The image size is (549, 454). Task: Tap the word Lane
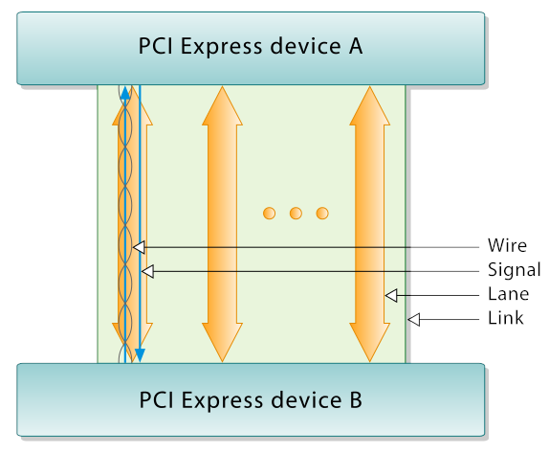click(506, 294)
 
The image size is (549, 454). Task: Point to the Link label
click(506, 318)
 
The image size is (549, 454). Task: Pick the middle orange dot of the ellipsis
click(296, 212)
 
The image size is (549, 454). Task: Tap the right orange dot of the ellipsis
click(322, 212)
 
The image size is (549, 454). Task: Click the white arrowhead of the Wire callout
click(138, 247)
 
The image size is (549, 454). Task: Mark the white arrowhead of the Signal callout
click(146, 271)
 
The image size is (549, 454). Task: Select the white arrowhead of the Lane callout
click(389, 295)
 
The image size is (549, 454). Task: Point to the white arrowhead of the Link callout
click(413, 319)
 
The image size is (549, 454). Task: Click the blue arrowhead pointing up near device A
click(125, 91)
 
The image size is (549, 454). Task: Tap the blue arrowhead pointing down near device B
click(140, 355)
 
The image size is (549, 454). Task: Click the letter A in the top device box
click(355, 47)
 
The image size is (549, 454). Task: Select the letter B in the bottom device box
click(356, 399)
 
